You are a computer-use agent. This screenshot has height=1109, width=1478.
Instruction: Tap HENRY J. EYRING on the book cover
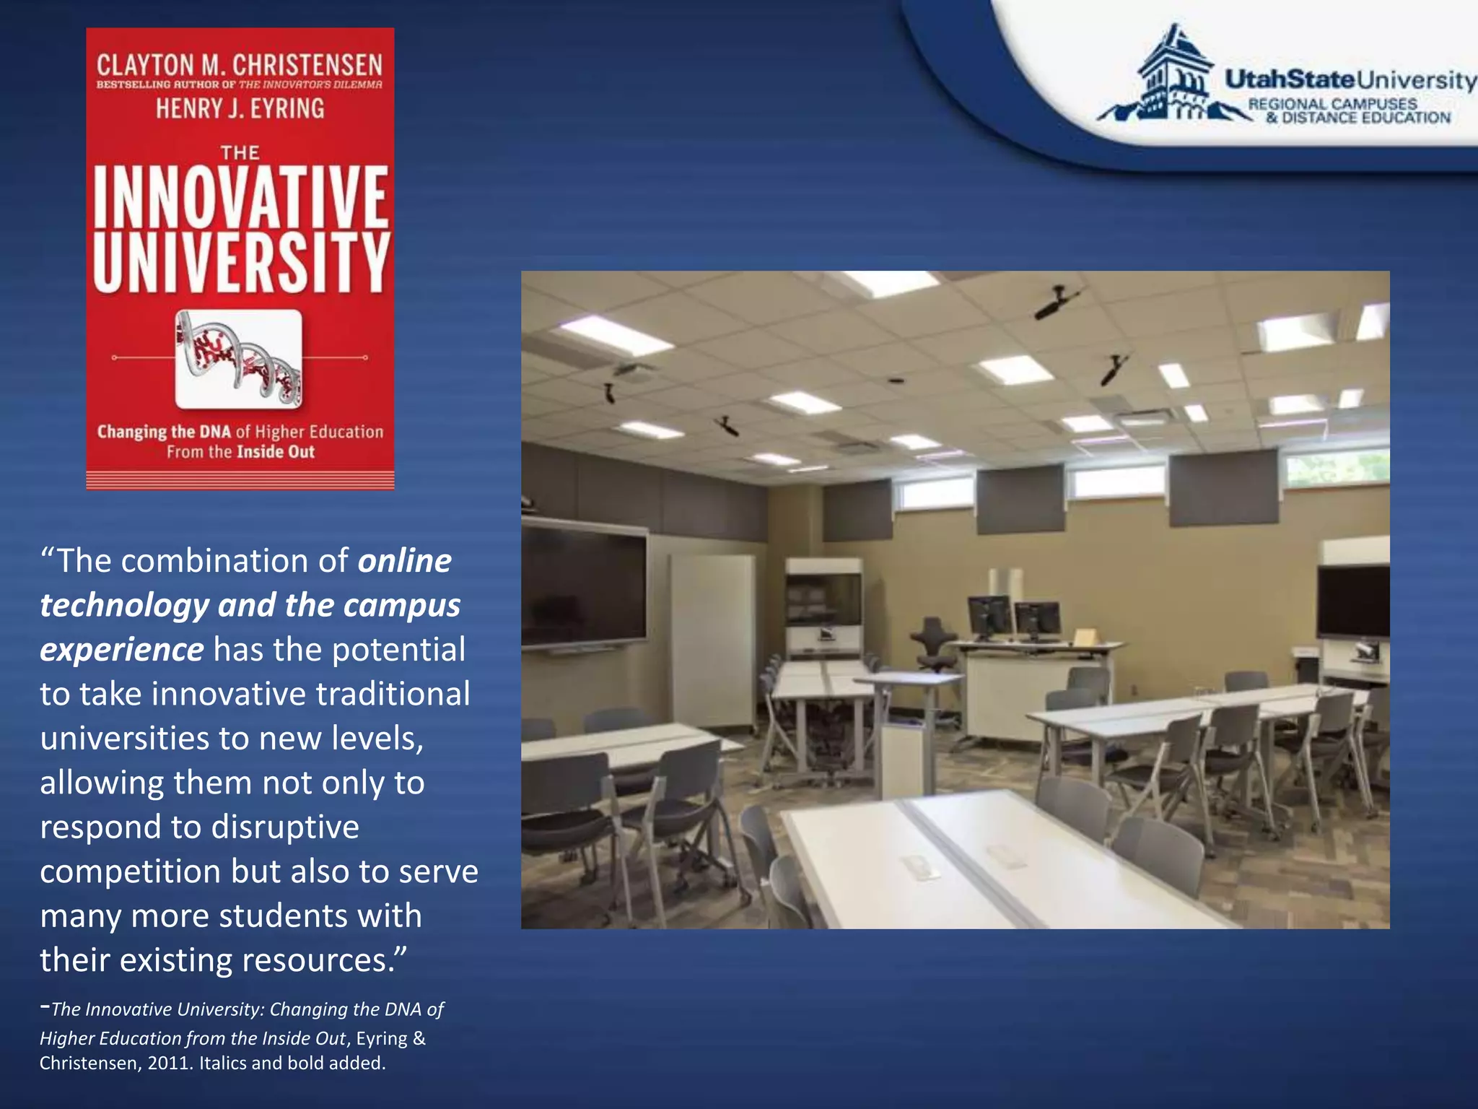tap(240, 109)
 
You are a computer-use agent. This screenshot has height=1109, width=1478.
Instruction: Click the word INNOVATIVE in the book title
tap(241, 196)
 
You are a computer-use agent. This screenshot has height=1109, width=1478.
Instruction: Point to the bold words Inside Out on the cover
tap(276, 453)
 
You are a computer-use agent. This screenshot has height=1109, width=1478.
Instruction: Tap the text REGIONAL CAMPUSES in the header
tap(1332, 104)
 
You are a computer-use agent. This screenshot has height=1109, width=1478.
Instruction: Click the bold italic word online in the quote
tap(405, 561)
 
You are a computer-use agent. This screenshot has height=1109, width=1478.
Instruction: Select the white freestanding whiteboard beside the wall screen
tap(711, 635)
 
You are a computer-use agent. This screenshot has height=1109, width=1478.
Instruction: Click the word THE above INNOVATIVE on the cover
tap(240, 153)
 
